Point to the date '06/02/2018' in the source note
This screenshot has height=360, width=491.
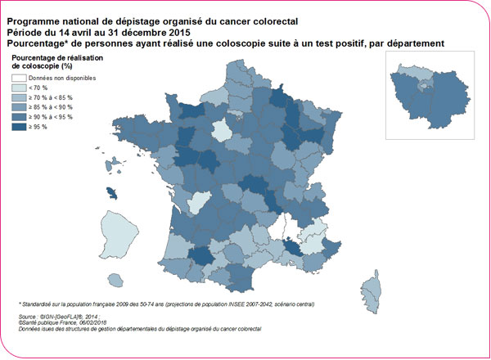(84, 321)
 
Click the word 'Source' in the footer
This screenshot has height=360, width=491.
(27, 314)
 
